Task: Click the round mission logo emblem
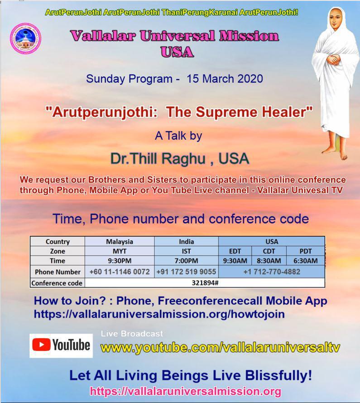[25, 39]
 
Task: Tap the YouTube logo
[61, 345]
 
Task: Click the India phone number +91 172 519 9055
[186, 272]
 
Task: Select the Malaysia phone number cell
[120, 272]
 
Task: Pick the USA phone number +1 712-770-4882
[272, 272]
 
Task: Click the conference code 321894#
[205, 283]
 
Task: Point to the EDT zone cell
[235, 251]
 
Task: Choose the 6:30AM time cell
[306, 261]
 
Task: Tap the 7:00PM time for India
[186, 261]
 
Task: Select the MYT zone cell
[120, 251]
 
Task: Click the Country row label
[58, 242]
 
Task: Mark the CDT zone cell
[269, 251]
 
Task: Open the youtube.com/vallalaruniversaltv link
[220, 348]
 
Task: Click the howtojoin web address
[159, 314]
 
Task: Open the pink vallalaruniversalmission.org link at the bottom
[185, 391]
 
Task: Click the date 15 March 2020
[225, 78]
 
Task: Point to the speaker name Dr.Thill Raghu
[158, 158]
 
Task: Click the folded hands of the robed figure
[334, 60]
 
